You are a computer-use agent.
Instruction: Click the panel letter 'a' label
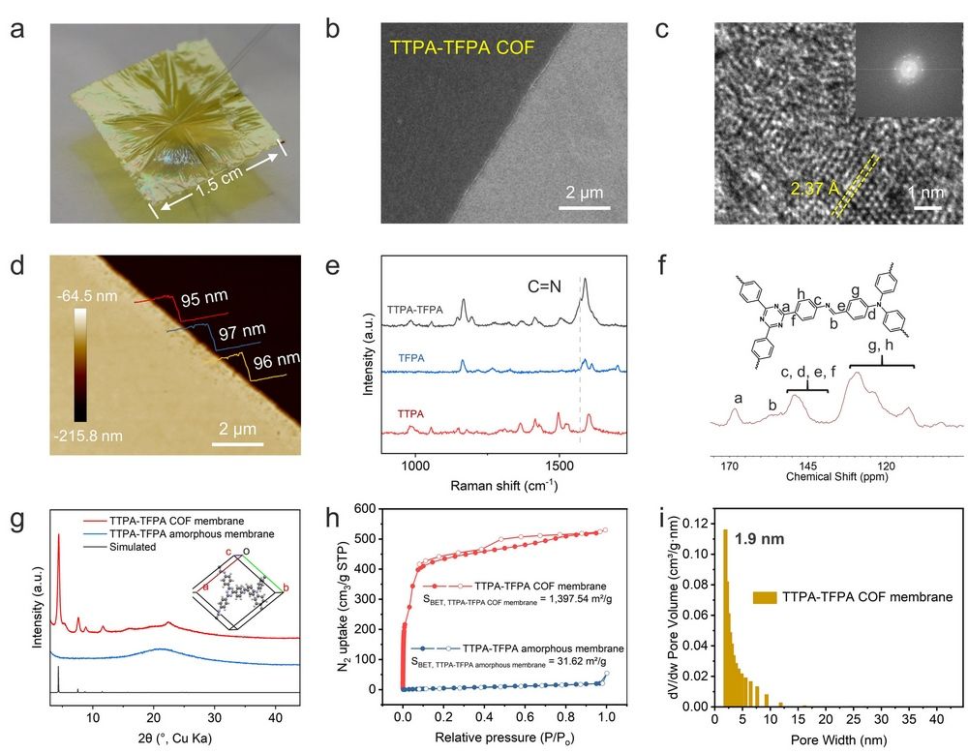pyautogui.click(x=17, y=29)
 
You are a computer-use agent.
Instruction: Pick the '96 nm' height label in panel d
pyautogui.click(x=277, y=363)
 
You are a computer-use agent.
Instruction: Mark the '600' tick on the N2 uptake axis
pyautogui.click(x=362, y=508)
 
